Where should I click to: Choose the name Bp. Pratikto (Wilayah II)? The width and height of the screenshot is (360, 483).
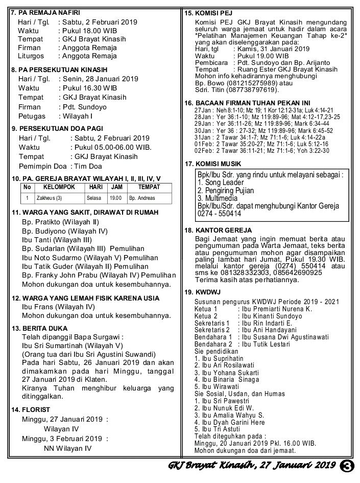tap(60, 222)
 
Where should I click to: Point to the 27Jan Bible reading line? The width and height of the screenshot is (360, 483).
tap(263, 110)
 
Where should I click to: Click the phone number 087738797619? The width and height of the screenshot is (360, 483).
tap(251, 90)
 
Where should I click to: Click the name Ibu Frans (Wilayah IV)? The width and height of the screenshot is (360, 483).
tap(58, 307)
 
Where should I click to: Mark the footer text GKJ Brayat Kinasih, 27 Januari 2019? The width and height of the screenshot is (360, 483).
tap(251, 466)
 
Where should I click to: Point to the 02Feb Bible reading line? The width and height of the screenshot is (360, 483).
tap(261, 151)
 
